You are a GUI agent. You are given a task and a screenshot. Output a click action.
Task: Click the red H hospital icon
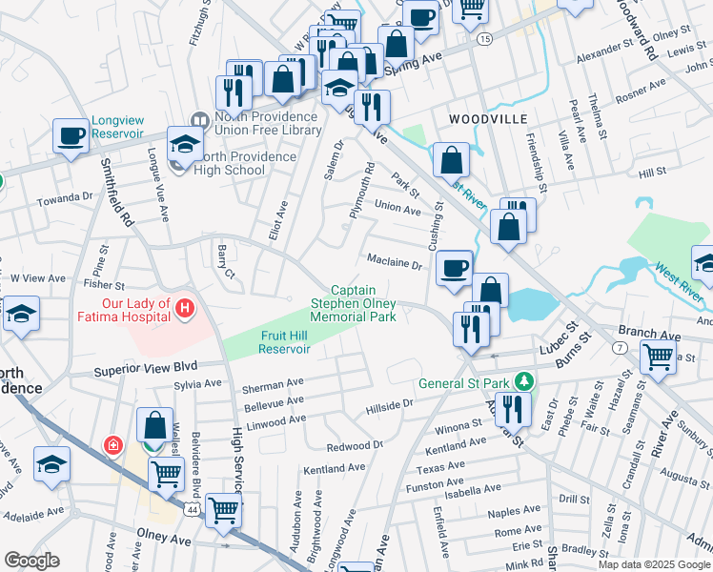coord(186,309)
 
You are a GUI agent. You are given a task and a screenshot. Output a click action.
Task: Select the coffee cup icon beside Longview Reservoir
coord(70,135)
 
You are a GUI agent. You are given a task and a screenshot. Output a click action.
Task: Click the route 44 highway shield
coord(194,512)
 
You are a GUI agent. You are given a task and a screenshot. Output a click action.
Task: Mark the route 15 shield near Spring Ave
coord(484,39)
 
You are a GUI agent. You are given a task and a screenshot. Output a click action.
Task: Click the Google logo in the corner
coord(31,561)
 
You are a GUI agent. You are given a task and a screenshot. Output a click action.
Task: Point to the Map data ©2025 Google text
coord(654,564)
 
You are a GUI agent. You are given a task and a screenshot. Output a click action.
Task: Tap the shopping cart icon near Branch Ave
coord(659,357)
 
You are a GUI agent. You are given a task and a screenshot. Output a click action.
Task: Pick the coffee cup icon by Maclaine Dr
coord(454,268)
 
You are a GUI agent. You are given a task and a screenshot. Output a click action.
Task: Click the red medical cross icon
coord(113,445)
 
